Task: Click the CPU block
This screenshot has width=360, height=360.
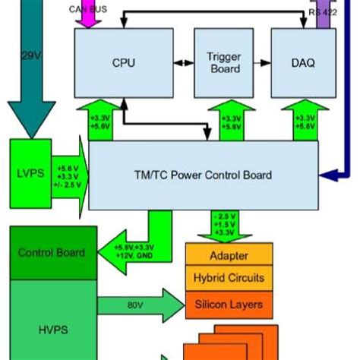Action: click(123, 63)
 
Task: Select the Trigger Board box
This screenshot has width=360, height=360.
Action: click(223, 63)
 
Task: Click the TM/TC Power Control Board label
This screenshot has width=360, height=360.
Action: click(202, 175)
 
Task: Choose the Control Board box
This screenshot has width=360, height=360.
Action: click(52, 253)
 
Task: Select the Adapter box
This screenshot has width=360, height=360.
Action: click(228, 257)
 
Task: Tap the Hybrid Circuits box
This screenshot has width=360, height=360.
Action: click(228, 279)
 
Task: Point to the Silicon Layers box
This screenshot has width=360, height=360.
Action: click(228, 305)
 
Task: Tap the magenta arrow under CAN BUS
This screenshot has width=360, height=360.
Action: click(90, 19)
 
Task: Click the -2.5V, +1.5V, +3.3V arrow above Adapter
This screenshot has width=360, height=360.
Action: click(223, 225)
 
